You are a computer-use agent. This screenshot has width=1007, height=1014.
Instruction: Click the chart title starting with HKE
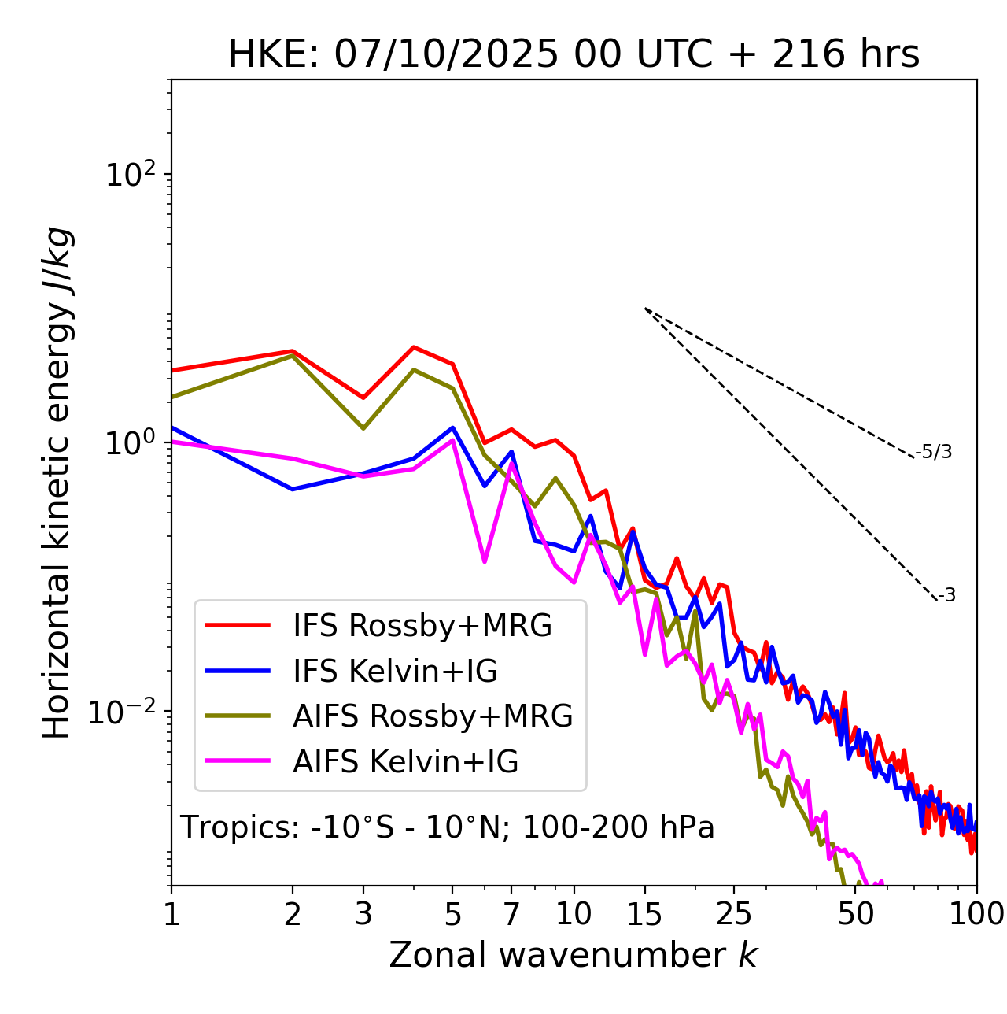click(x=574, y=55)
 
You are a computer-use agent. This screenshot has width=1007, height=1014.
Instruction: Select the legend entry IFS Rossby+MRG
click(x=422, y=626)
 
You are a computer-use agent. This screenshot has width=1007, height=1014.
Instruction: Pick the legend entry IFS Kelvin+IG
click(x=395, y=672)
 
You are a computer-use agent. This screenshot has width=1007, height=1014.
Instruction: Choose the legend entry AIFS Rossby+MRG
click(x=432, y=716)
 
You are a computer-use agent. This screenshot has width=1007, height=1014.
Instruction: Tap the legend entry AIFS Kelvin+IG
click(x=405, y=762)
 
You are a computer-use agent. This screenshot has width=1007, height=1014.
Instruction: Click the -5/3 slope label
click(x=934, y=453)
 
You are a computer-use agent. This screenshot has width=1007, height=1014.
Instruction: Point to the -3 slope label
click(x=946, y=596)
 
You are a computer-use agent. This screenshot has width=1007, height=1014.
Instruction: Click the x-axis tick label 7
click(x=511, y=914)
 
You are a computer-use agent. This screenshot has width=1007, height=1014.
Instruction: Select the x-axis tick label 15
click(x=644, y=914)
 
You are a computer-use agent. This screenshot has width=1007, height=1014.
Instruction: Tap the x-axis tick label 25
click(x=734, y=914)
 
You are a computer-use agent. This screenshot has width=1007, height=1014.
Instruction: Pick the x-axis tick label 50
click(x=855, y=914)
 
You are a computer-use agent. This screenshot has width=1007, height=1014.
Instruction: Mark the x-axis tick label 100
click(x=976, y=914)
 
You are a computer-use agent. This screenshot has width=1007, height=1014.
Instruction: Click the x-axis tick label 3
click(x=363, y=914)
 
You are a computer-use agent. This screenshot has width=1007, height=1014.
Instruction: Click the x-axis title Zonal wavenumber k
click(x=574, y=955)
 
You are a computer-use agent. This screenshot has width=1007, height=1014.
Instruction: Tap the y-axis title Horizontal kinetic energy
click(x=57, y=483)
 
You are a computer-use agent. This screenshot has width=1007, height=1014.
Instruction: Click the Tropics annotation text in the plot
click(x=448, y=827)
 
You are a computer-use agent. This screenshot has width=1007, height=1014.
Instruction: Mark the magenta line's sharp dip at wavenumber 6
click(x=485, y=561)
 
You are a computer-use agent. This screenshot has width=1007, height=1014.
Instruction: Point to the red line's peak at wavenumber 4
click(x=414, y=347)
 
